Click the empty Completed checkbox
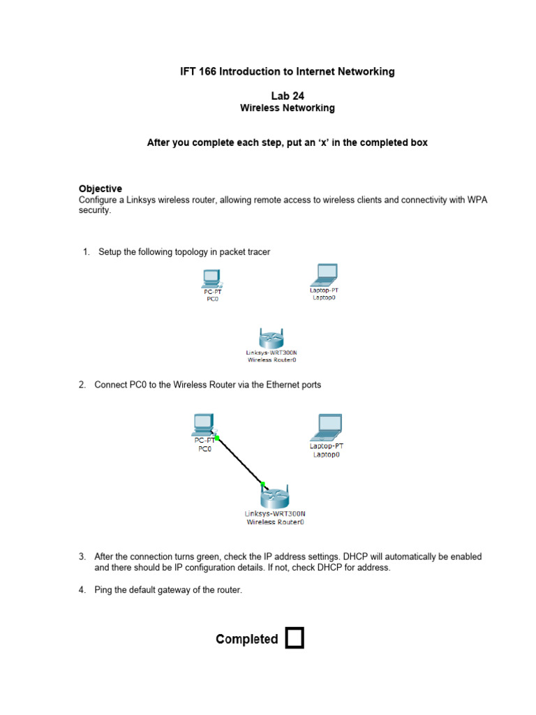point(295,638)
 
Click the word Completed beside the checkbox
point(247,639)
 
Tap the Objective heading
point(100,189)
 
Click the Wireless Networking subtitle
point(287,108)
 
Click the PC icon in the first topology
point(211,279)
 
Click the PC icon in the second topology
point(202,423)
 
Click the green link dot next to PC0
point(217,438)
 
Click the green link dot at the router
point(263,483)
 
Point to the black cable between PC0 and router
point(239,460)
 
